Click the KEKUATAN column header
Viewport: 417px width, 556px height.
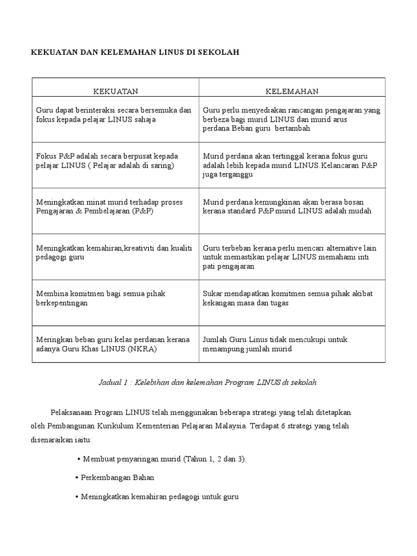click(115, 91)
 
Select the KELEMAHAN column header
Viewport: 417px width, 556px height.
click(292, 91)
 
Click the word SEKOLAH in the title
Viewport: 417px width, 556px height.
click(219, 52)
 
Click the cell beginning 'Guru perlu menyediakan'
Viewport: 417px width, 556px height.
click(292, 119)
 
